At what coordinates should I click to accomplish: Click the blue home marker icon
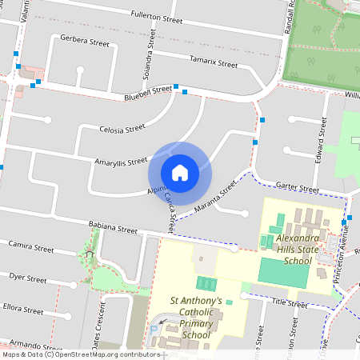(180, 172)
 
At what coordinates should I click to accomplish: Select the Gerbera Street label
(84, 41)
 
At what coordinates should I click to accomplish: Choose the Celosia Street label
(122, 128)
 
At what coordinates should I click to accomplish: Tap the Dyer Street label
(27, 279)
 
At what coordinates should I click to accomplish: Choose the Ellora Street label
(23, 307)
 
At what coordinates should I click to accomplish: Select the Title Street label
(289, 303)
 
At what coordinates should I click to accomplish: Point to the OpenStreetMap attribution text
(80, 354)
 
